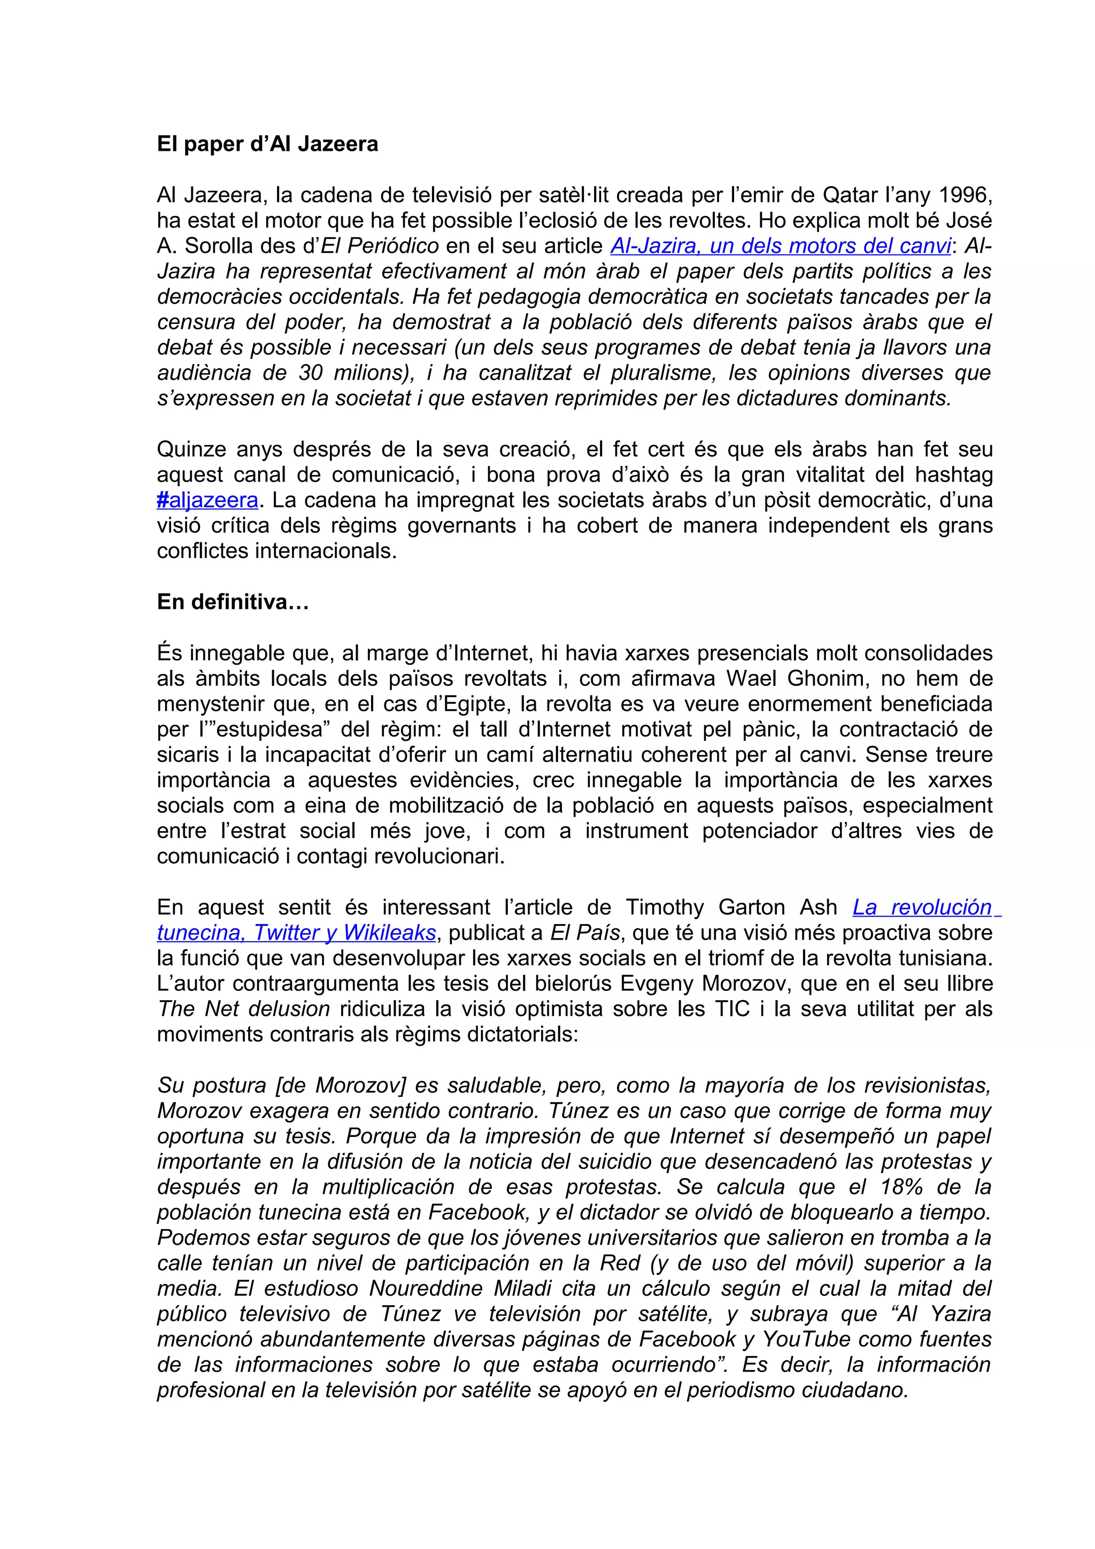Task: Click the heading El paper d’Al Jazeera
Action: click(267, 144)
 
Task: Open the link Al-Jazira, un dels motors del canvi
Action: click(781, 246)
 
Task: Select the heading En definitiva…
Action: click(233, 602)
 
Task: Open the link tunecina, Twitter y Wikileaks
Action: click(296, 932)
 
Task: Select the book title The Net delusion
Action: click(244, 1009)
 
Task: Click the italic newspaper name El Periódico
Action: click(379, 246)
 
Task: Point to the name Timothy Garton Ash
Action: click(731, 908)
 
